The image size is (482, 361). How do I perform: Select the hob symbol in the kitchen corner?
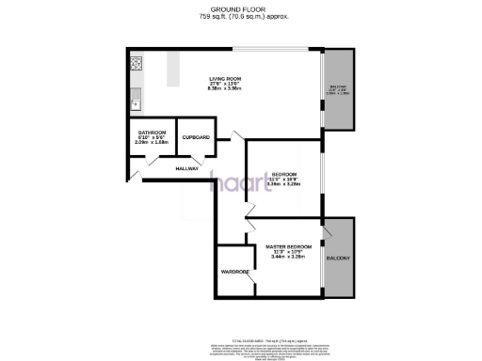point(136,65)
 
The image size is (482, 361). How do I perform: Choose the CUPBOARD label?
point(196,138)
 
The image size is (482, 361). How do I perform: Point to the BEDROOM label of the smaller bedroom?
point(284,174)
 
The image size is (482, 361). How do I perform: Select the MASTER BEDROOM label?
point(288,246)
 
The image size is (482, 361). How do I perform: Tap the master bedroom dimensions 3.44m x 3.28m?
point(288,258)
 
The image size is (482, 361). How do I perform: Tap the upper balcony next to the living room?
point(336,89)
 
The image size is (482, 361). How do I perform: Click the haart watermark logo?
point(240,181)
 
